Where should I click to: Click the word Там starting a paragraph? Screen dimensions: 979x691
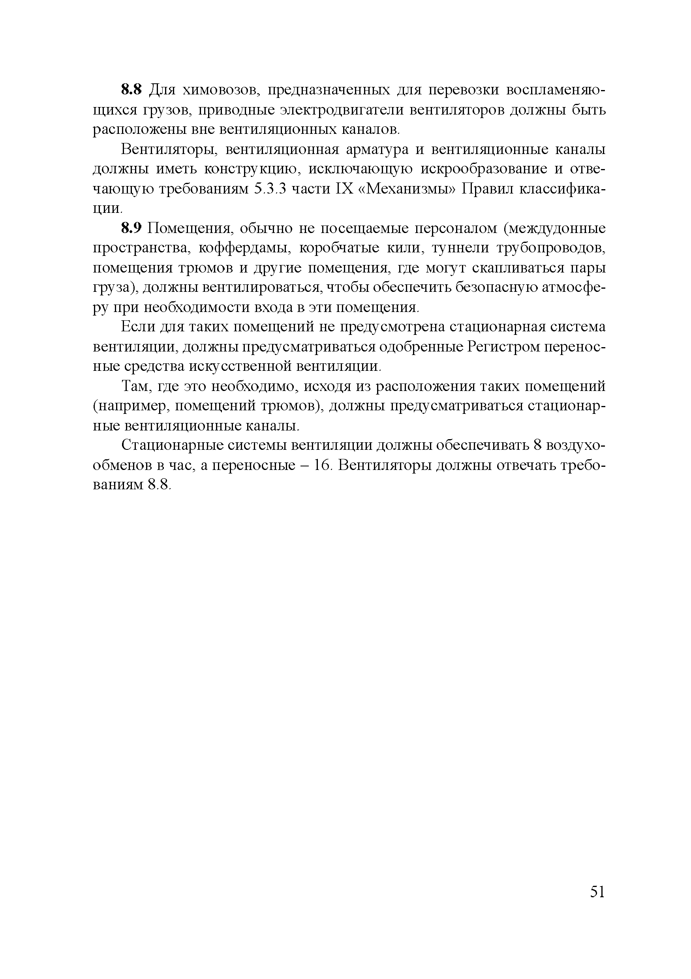click(135, 386)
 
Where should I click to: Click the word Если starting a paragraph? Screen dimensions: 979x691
click(138, 327)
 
